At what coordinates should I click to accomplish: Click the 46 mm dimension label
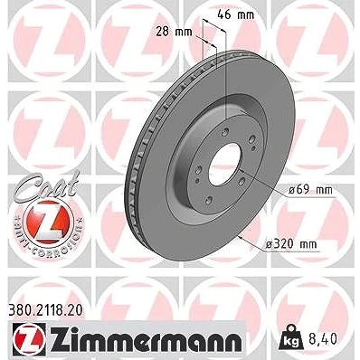coord(236,14)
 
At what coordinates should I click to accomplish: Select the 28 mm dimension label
coord(174,32)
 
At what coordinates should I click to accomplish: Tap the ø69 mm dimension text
coord(310,190)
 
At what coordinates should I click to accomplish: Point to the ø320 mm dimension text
coord(291,244)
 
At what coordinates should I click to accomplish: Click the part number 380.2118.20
coord(44,311)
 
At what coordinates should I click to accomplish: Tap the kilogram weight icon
coord(290,336)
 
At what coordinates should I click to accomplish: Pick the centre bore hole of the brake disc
coord(225,165)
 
